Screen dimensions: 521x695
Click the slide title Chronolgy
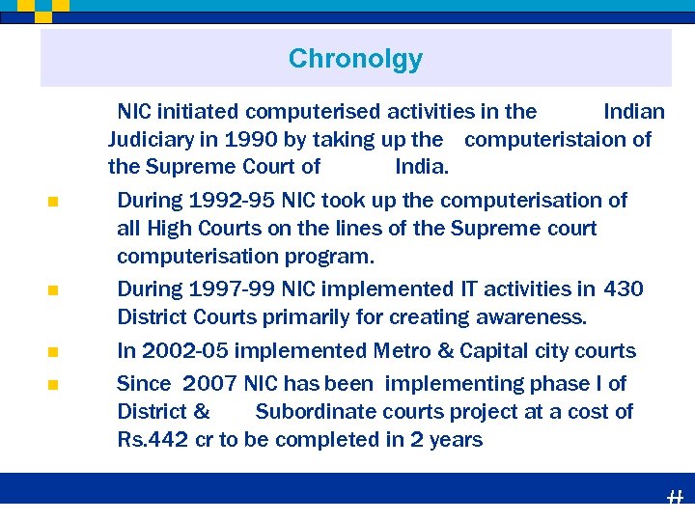click(x=355, y=59)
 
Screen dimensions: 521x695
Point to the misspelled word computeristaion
click(x=546, y=140)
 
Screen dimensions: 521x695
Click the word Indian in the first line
click(x=633, y=112)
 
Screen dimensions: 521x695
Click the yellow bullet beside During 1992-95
click(x=52, y=202)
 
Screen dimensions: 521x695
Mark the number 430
click(x=624, y=289)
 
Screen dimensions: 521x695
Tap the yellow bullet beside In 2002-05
click(x=52, y=352)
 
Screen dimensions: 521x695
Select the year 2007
click(x=209, y=384)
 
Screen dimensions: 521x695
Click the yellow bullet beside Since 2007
click(x=52, y=385)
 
